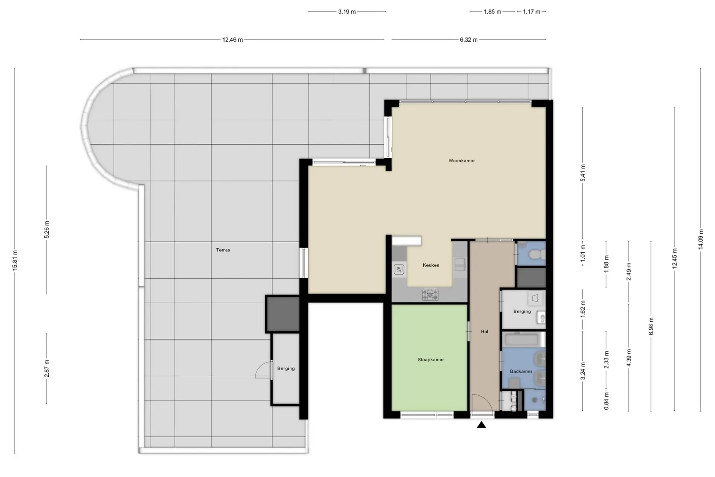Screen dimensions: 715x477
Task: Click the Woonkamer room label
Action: pos(461,161)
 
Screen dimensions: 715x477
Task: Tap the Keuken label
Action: pos(431,265)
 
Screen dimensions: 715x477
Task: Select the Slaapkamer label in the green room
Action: pos(430,360)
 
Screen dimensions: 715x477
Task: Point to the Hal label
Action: pos(484,331)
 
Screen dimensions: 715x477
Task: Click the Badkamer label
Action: pos(521,371)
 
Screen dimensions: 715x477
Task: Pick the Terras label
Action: pos(223,250)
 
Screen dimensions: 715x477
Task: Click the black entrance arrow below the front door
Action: pos(482,424)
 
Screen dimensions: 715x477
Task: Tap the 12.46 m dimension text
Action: pos(232,40)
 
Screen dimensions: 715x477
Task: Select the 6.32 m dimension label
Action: pos(468,40)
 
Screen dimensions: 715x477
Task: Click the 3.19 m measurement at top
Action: pos(347,12)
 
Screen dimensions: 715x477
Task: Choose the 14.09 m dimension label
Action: pos(700,239)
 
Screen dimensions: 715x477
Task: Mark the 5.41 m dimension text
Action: pos(583,173)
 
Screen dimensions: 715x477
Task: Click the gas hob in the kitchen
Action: pos(430,294)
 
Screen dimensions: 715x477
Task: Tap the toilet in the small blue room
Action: pos(537,255)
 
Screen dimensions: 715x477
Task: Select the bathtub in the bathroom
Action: pos(521,339)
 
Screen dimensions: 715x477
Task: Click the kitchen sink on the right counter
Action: pos(460,264)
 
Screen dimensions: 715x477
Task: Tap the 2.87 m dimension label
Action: pos(47,369)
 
